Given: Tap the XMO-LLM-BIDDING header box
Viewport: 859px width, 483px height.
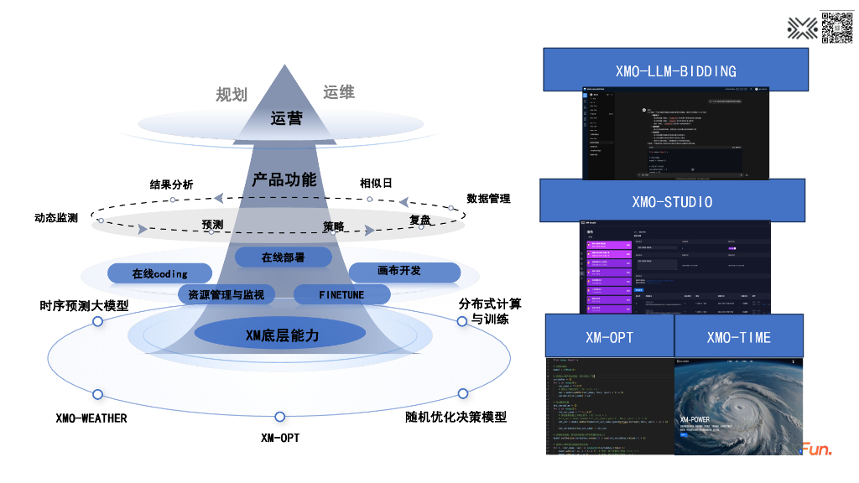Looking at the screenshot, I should [675, 70].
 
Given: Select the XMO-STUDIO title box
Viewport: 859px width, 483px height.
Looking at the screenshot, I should [672, 200].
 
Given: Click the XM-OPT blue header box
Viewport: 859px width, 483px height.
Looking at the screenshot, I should [609, 336].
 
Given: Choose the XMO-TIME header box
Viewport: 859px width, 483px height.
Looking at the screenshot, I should [738, 336].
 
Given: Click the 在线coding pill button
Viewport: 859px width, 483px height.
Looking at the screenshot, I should [159, 273].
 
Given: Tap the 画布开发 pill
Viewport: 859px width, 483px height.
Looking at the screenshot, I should [404, 272].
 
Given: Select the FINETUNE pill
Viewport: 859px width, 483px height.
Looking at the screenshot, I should [341, 294].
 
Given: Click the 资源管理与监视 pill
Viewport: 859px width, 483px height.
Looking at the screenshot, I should [226, 294].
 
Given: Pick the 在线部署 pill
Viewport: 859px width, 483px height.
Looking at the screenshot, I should [283, 257].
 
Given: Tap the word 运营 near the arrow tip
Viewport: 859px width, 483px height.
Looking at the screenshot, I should [286, 119].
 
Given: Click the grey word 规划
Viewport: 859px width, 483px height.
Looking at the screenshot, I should [232, 94].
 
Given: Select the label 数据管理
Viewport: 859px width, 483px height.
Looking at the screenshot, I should [488, 199].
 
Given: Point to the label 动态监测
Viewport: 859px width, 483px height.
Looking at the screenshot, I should [56, 218].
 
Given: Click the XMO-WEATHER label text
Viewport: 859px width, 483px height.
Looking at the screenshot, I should [91, 418].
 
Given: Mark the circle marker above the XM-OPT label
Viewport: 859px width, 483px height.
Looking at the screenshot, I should [279, 417].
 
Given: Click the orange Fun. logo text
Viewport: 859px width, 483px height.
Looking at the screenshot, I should [816, 449].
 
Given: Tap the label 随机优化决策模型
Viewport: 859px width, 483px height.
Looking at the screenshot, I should [450, 417].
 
